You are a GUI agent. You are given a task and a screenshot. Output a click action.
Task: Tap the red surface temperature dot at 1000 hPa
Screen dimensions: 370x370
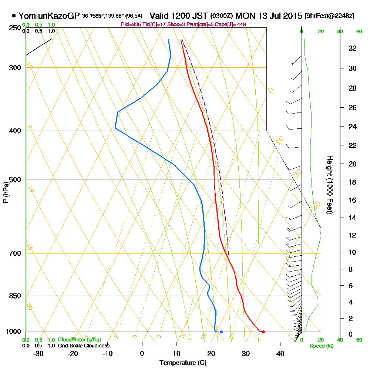[x=263, y=332]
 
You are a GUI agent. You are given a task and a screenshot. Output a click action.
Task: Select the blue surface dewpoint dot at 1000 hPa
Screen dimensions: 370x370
[x=221, y=332]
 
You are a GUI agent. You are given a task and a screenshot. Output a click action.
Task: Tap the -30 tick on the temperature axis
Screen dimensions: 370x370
[x=38, y=353]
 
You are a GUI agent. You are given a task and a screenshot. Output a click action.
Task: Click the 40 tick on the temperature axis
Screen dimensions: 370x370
[x=280, y=353]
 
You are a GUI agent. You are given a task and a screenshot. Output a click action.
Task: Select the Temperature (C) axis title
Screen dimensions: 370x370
[x=183, y=363]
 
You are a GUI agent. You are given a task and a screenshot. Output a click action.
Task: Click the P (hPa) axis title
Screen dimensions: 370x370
[x=6, y=192]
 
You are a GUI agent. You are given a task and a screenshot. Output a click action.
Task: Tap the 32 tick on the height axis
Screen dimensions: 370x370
[x=353, y=48]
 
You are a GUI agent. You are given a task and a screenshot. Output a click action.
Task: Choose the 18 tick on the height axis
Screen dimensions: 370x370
[x=353, y=182]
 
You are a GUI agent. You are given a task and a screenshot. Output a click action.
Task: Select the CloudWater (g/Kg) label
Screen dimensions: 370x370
[x=79, y=340]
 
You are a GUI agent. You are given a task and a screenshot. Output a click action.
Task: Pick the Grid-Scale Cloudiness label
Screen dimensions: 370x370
[x=83, y=346]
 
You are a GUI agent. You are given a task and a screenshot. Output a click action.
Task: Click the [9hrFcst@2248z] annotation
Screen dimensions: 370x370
[x=329, y=16]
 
